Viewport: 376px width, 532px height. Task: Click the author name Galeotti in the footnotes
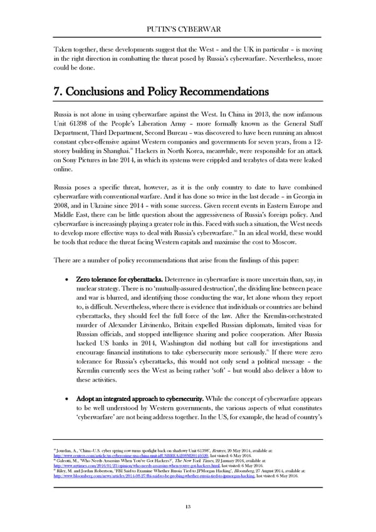64,496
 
